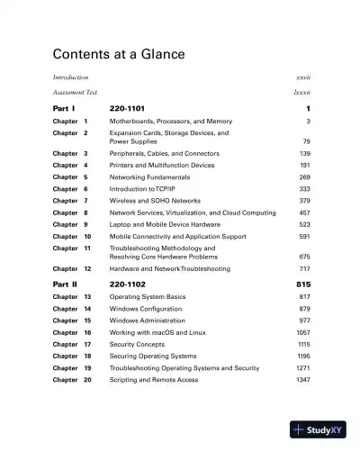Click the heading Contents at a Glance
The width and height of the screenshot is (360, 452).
[x=119, y=55]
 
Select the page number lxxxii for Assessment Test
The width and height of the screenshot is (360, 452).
[x=301, y=92]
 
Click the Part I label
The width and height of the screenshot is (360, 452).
[x=63, y=109]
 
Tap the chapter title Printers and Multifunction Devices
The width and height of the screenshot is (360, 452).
[x=162, y=166]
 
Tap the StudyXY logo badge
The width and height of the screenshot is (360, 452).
[x=320, y=430]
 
